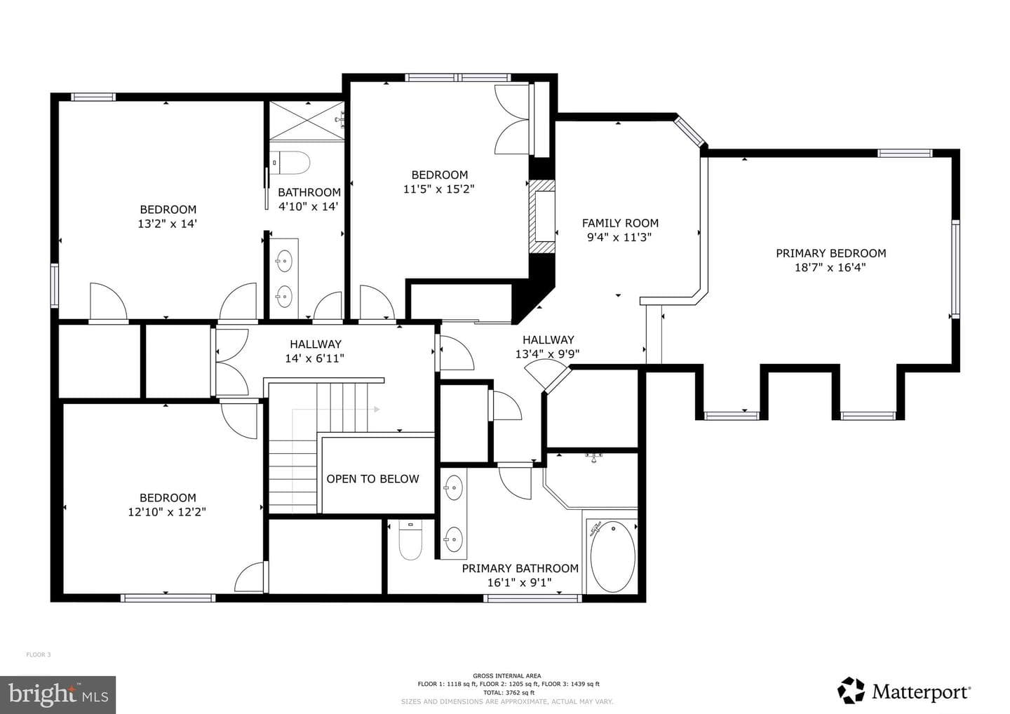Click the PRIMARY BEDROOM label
[830, 253]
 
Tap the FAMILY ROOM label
[620, 223]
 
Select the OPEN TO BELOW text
[372, 479]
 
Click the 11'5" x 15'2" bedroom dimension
[439, 189]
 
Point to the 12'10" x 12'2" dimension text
[167, 512]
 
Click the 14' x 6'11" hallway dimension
[315, 358]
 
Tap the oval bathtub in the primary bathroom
[613, 557]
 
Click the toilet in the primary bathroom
[410, 541]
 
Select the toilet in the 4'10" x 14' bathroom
[291, 163]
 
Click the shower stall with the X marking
[307, 121]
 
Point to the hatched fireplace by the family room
[542, 217]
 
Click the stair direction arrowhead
[377, 410]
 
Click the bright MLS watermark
[58, 694]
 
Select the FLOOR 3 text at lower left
[39, 654]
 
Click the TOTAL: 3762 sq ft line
[509, 693]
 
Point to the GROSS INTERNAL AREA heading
[507, 675]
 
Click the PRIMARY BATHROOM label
[520, 568]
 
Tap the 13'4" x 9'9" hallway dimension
[547, 354]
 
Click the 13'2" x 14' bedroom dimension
[167, 224]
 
